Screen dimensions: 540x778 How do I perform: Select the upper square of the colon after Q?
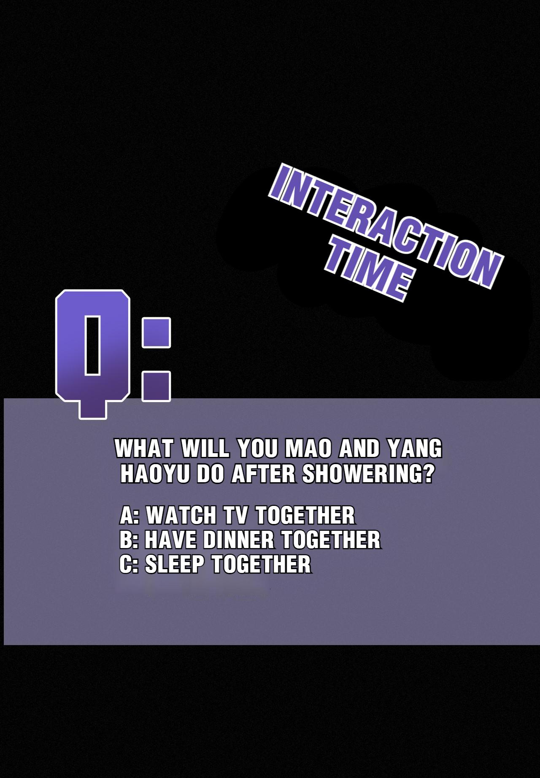[x=157, y=333]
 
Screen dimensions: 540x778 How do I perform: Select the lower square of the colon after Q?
[x=157, y=386]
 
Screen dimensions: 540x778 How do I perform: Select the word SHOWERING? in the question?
[x=368, y=474]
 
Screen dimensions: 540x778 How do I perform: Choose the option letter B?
[x=130, y=540]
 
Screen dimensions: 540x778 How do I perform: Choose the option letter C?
[x=130, y=565]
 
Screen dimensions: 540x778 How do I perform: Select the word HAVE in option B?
[x=171, y=540]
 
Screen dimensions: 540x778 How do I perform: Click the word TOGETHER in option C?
[x=261, y=565]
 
